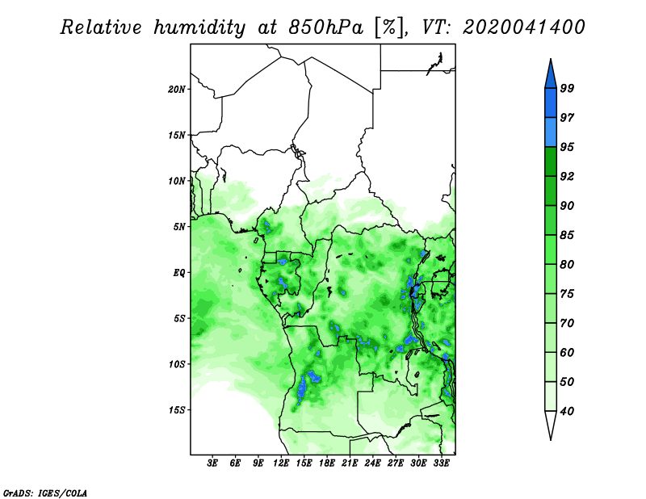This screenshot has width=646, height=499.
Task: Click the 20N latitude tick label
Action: tap(176, 90)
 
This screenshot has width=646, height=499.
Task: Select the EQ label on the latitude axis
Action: tap(178, 273)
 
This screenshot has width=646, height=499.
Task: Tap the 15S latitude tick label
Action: tap(176, 410)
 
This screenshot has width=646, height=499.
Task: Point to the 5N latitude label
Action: tap(178, 227)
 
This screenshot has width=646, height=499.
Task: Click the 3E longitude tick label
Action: tap(212, 463)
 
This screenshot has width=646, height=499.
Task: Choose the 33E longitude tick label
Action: tap(441, 463)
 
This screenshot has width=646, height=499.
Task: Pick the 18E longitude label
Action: tap(327, 463)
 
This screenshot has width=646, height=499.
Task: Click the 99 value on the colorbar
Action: tap(567, 88)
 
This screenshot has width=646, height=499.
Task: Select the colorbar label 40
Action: tap(567, 411)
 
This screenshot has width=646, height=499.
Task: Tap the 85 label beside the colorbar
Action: tap(567, 235)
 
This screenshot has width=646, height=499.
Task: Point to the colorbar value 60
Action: tap(567, 352)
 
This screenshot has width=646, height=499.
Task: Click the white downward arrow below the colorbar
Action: tap(551, 425)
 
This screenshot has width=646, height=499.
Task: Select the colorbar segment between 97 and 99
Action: tap(551, 103)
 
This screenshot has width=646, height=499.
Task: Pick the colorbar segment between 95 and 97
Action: tap(551, 132)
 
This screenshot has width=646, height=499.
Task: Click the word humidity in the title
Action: tap(199, 27)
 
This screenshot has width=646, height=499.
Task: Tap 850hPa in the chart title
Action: tap(326, 27)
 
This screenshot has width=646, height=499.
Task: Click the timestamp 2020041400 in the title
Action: tap(524, 27)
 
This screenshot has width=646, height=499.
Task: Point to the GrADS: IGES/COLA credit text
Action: tap(45, 493)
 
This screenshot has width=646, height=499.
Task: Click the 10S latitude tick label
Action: tap(176, 364)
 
